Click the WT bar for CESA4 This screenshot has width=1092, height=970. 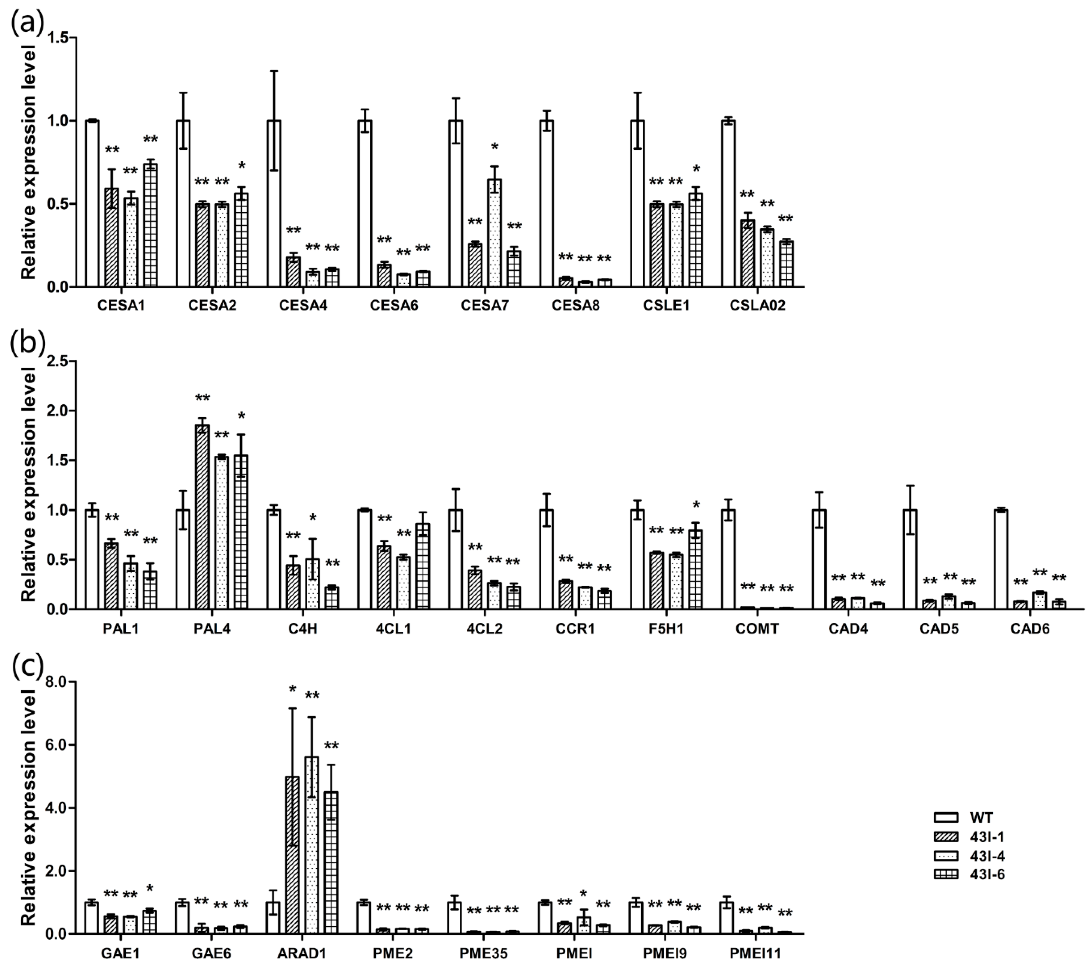(274, 204)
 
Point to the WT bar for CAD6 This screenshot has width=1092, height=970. (1001, 559)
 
